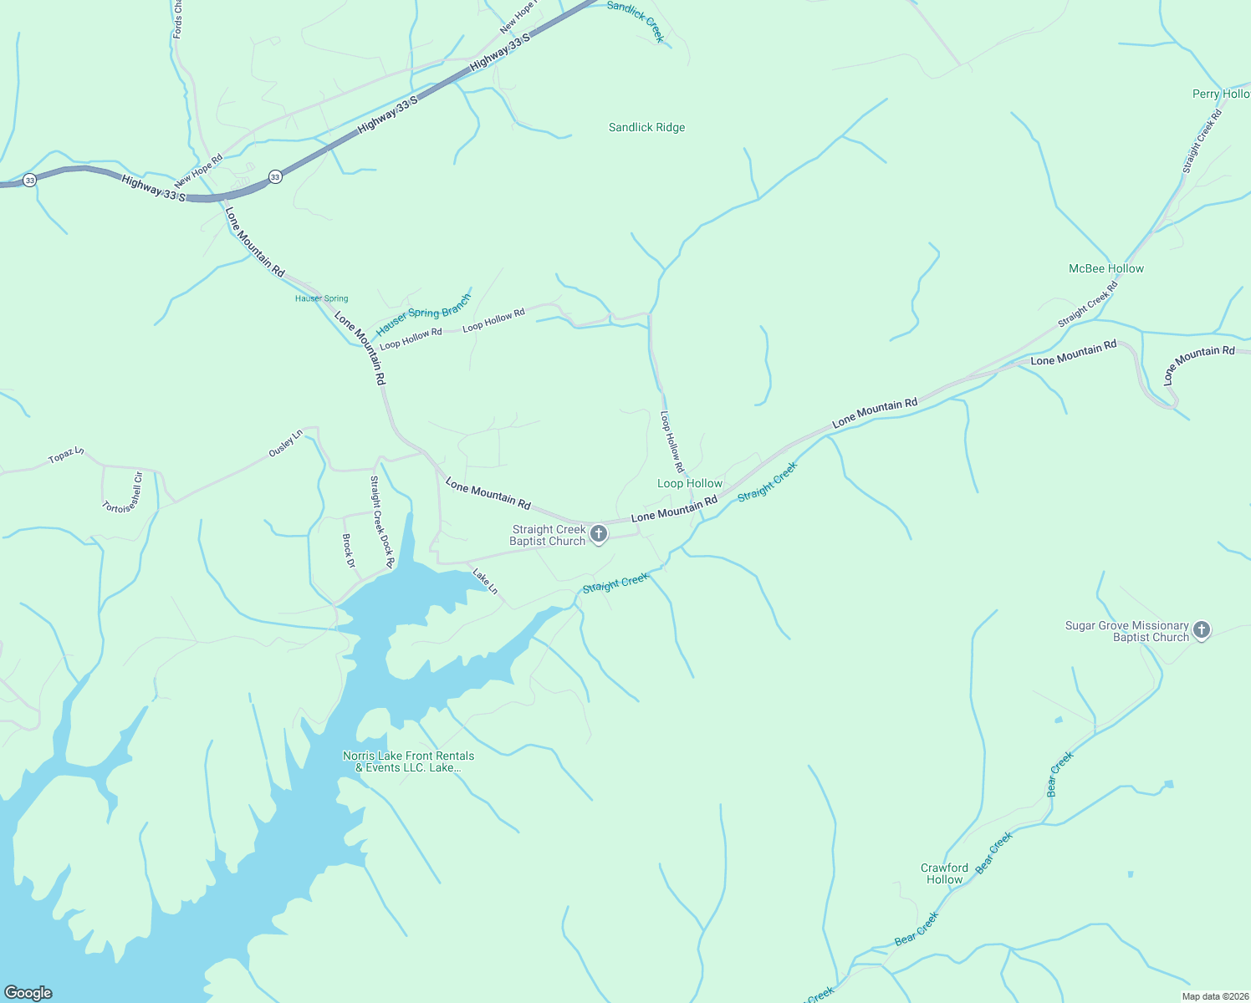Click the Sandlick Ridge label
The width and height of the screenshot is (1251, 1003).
click(x=646, y=128)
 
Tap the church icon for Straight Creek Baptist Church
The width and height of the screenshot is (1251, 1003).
click(x=599, y=534)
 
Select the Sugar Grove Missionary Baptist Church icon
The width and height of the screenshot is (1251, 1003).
click(x=1202, y=630)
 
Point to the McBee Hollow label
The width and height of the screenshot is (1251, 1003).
click(x=1105, y=269)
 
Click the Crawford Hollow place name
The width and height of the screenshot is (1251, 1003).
click(x=944, y=873)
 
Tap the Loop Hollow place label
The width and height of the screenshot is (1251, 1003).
click(x=689, y=484)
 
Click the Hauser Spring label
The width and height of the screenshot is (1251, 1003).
click(x=321, y=298)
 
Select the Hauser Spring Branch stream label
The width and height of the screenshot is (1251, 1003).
click(x=423, y=314)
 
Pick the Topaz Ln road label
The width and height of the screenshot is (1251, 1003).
click(x=66, y=456)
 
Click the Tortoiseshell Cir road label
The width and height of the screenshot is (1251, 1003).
click(x=123, y=494)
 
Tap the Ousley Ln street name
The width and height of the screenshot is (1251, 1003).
click(x=285, y=443)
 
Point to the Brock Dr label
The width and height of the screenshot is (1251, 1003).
click(x=349, y=552)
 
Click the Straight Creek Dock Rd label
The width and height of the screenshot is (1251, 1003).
click(x=381, y=522)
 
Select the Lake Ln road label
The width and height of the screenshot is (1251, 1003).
click(x=485, y=582)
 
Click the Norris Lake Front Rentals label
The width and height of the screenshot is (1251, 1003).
click(x=408, y=761)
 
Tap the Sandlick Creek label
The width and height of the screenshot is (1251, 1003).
click(x=636, y=20)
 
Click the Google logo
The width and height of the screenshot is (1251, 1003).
click(x=28, y=993)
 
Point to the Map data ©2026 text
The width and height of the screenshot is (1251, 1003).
click(x=1213, y=996)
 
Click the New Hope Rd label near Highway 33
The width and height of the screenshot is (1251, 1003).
click(x=198, y=171)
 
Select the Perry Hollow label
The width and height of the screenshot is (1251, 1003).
click(x=1220, y=94)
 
